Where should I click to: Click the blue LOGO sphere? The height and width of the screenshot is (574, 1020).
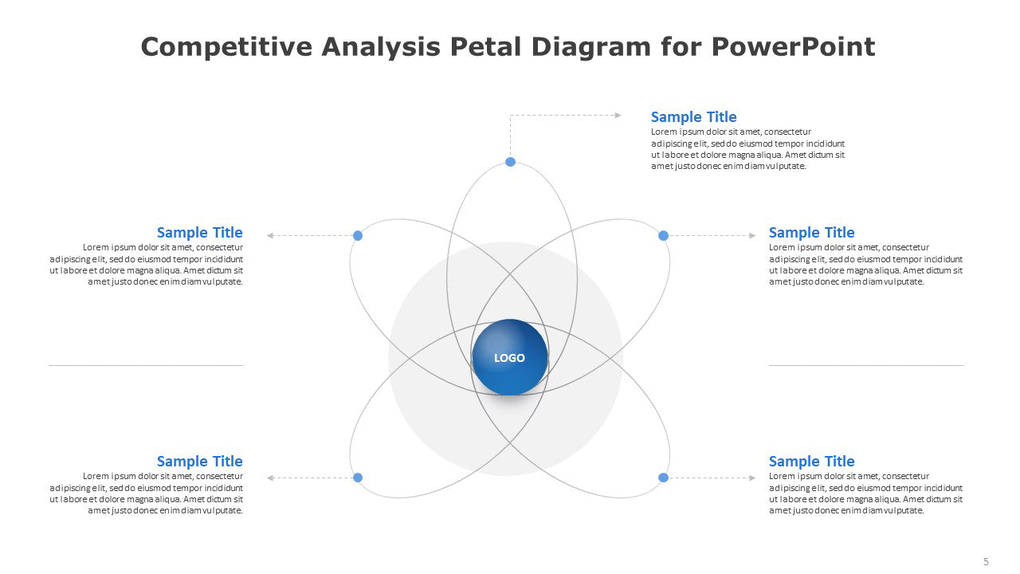(x=510, y=357)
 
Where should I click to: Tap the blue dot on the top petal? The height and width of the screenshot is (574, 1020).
(x=511, y=162)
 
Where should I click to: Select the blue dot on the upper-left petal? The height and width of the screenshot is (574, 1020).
(x=358, y=235)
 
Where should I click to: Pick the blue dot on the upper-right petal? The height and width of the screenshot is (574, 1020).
(x=664, y=235)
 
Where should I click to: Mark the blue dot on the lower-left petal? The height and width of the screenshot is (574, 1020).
(x=358, y=478)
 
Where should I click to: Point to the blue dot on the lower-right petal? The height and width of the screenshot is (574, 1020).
(x=664, y=478)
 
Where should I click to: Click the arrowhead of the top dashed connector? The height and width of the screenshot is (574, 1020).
(x=618, y=116)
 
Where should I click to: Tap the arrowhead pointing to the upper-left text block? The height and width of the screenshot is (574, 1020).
(x=270, y=235)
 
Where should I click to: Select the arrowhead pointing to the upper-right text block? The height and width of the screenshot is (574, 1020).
(x=752, y=235)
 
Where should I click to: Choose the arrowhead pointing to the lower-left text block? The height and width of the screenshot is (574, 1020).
(x=270, y=478)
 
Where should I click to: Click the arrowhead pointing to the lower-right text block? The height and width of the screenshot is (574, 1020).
(x=752, y=478)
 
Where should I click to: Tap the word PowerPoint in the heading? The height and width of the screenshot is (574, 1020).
(x=793, y=46)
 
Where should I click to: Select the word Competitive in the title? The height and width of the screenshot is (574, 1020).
(x=226, y=46)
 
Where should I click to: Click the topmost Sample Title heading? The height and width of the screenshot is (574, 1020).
(x=693, y=117)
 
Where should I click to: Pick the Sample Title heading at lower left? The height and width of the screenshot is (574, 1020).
(x=199, y=461)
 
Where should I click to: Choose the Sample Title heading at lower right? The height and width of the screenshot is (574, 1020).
(x=811, y=461)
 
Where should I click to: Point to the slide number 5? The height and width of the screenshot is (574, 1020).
(x=986, y=561)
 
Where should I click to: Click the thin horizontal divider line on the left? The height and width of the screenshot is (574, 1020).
(x=146, y=365)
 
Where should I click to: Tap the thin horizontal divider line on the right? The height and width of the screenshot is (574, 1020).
(x=866, y=365)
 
